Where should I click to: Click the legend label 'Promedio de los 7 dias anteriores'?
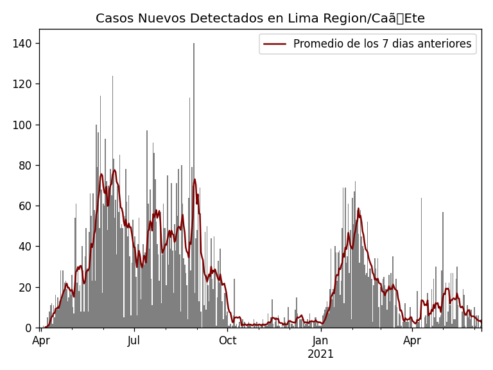(x=382, y=44)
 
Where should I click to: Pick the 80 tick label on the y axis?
(x=26, y=165)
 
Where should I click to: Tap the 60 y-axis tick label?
(x=26, y=206)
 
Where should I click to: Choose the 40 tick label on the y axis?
(x=26, y=247)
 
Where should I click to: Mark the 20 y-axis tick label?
(x=26, y=287)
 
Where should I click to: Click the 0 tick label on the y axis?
(x=29, y=328)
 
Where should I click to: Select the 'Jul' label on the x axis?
(x=134, y=340)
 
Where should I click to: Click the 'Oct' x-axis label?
(x=227, y=340)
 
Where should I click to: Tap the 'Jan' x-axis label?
(x=321, y=340)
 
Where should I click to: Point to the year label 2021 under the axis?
(x=321, y=354)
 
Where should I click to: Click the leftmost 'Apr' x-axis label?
(x=41, y=340)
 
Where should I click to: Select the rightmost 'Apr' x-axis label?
(x=412, y=340)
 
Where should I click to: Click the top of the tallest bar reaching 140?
(x=194, y=44)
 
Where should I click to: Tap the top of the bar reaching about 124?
(x=112, y=76)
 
